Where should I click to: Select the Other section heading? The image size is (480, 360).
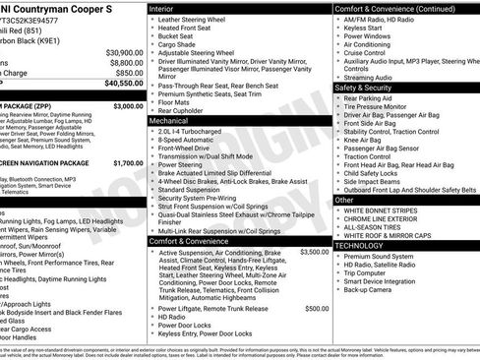[x=344, y=199]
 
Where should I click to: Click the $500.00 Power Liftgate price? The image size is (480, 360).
[x=317, y=308]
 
